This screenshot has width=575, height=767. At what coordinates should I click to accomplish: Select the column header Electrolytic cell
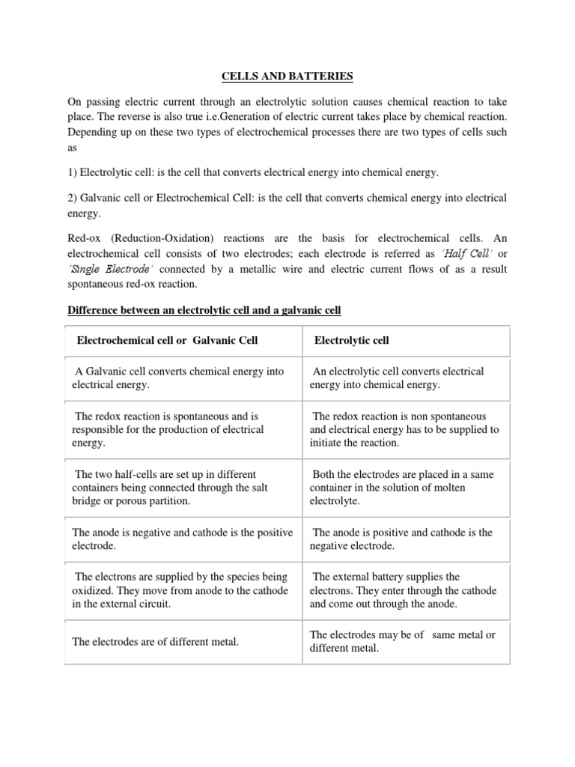[351, 341]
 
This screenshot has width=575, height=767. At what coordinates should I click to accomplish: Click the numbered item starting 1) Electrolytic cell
[253, 172]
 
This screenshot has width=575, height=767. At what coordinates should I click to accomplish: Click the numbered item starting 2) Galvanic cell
[287, 205]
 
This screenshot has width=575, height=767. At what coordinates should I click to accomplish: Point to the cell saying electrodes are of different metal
[155, 642]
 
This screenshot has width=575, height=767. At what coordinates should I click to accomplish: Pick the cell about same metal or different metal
[402, 641]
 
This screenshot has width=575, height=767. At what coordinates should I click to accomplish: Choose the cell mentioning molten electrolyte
[402, 487]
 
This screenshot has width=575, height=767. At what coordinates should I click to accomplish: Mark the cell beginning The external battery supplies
[402, 589]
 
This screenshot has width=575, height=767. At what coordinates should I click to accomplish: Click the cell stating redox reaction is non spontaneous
[404, 429]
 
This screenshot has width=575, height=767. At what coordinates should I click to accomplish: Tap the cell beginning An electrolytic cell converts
[397, 378]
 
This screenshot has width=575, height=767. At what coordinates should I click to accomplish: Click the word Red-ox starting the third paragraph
[85, 238]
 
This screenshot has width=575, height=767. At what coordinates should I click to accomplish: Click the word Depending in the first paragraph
[93, 132]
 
